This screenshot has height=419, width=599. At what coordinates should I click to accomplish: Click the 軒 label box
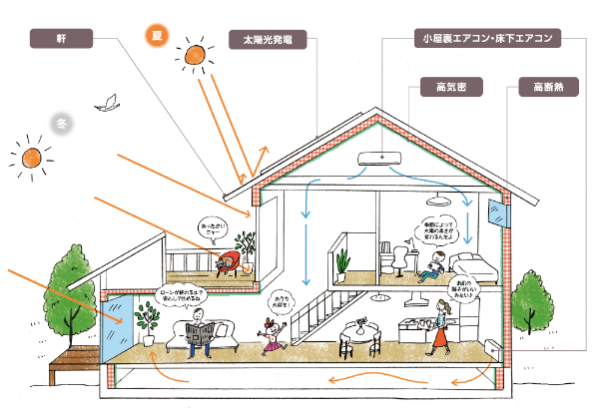tap(61, 40)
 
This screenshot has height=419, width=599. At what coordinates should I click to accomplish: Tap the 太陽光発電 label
tap(262, 40)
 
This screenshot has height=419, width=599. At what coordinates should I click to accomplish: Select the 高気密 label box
tap(445, 87)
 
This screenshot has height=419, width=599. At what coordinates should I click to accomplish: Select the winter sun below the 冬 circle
tap(32, 157)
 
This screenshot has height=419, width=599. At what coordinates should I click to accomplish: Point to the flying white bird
tap(105, 100)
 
